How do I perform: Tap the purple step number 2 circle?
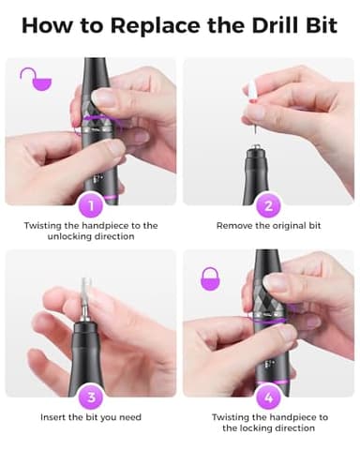click(267, 205)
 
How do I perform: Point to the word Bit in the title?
click(320, 25)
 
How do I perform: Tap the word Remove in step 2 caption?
click(236, 226)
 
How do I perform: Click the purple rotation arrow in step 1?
click(87, 120)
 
